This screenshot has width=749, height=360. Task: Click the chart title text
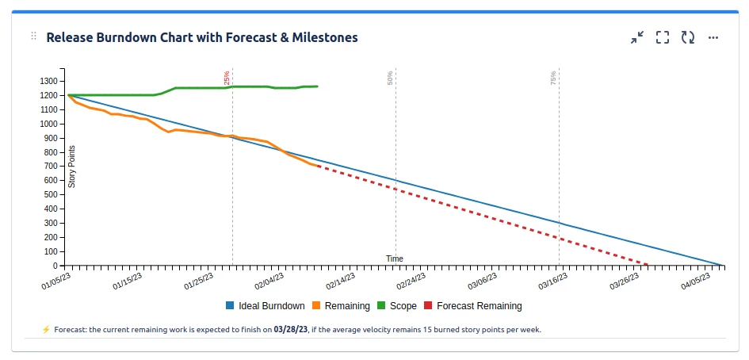click(x=202, y=37)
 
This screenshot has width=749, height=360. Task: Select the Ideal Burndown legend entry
click(x=271, y=306)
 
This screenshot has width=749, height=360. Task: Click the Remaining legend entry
click(x=347, y=306)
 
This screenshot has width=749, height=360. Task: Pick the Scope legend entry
click(x=403, y=306)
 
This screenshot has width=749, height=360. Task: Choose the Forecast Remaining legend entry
click(x=479, y=306)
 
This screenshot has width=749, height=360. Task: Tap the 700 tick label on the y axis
click(x=50, y=167)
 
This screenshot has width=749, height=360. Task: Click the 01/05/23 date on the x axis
click(x=56, y=281)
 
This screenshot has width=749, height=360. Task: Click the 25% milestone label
click(x=227, y=77)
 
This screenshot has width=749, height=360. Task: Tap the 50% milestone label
click(x=390, y=77)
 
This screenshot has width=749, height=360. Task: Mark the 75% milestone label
click(x=553, y=77)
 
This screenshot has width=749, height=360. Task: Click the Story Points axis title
click(x=72, y=166)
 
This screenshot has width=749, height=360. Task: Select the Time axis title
click(x=395, y=259)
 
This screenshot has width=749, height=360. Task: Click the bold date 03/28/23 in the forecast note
click(x=288, y=329)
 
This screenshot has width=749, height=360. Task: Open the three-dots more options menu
click(x=713, y=37)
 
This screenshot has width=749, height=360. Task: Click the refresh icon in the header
click(x=688, y=37)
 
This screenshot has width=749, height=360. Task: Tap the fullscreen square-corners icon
click(x=663, y=37)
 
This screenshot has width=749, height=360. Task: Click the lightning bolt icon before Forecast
click(x=46, y=329)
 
